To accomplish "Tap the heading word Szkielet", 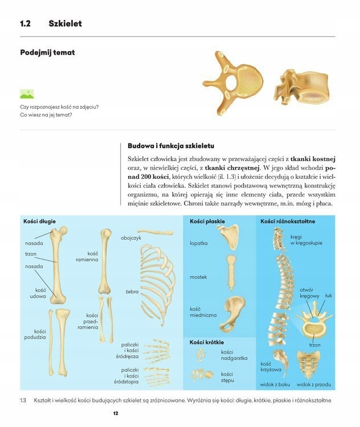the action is [x=65, y=24].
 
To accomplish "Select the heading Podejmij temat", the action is [x=47, y=53].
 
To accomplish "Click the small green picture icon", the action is [x=27, y=94].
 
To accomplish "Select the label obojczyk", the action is [x=131, y=237].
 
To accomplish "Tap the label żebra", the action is [x=132, y=291].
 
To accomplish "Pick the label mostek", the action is [x=198, y=277].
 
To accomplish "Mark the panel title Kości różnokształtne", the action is [x=288, y=221].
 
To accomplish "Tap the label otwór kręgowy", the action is [x=310, y=293].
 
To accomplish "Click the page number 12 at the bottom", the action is [x=115, y=413].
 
